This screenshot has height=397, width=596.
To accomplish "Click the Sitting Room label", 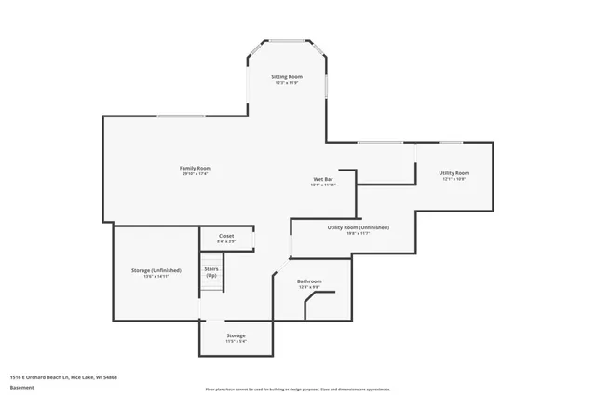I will click(287, 76).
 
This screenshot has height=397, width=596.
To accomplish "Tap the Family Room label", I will click(195, 168).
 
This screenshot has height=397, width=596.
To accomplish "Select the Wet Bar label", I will click(323, 179).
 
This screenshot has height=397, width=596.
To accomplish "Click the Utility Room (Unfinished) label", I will click(359, 227).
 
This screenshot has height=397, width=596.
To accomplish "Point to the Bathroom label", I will click(309, 281).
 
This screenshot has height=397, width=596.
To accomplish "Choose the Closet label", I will click(226, 236).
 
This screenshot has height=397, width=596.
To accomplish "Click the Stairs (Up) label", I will click(211, 273).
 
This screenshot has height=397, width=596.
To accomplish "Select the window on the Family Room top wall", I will click(181, 116).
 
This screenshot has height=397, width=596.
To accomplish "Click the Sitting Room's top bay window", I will click(287, 40).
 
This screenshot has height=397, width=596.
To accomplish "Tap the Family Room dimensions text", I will click(195, 174).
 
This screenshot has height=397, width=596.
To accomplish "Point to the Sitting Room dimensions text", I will click(287, 83).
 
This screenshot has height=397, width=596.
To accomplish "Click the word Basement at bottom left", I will click(21, 387).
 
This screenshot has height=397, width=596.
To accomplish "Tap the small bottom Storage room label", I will click(237, 335).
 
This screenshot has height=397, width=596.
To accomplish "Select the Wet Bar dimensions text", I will click(323, 185).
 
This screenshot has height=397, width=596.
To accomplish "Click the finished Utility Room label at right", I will click(454, 172).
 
